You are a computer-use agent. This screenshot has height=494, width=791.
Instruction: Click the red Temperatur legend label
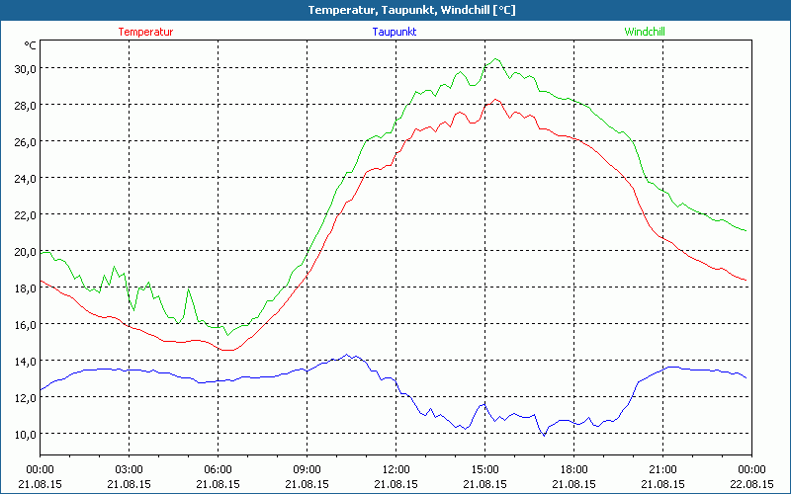[145, 32]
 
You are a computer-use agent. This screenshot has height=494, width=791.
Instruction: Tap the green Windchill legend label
[645, 32]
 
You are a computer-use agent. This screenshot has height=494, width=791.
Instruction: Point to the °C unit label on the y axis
[31, 45]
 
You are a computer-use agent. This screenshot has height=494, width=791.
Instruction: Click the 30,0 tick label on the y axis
[24, 68]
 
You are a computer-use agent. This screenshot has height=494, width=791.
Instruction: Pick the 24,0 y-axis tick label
[24, 178]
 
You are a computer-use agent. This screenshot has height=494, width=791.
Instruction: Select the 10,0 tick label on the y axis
[24, 434]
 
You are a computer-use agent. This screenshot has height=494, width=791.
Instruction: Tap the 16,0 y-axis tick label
[24, 324]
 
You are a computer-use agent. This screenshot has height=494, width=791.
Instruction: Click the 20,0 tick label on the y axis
[24, 251]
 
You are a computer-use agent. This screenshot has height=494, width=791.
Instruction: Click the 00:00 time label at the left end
[41, 468]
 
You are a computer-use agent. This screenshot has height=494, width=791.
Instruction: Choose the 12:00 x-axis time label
[395, 468]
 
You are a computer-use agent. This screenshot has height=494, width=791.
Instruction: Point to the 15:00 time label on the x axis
[484, 468]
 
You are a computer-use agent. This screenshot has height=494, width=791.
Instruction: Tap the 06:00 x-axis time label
[218, 468]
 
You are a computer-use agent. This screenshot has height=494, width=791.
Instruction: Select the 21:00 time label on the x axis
[662, 468]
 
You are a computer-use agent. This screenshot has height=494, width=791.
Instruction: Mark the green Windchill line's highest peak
[495, 59]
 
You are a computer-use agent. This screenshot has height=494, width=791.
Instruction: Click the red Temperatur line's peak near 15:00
[493, 100]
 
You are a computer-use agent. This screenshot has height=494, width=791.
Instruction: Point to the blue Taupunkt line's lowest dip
[543, 435]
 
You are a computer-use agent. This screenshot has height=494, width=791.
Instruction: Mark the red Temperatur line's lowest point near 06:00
[226, 350]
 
